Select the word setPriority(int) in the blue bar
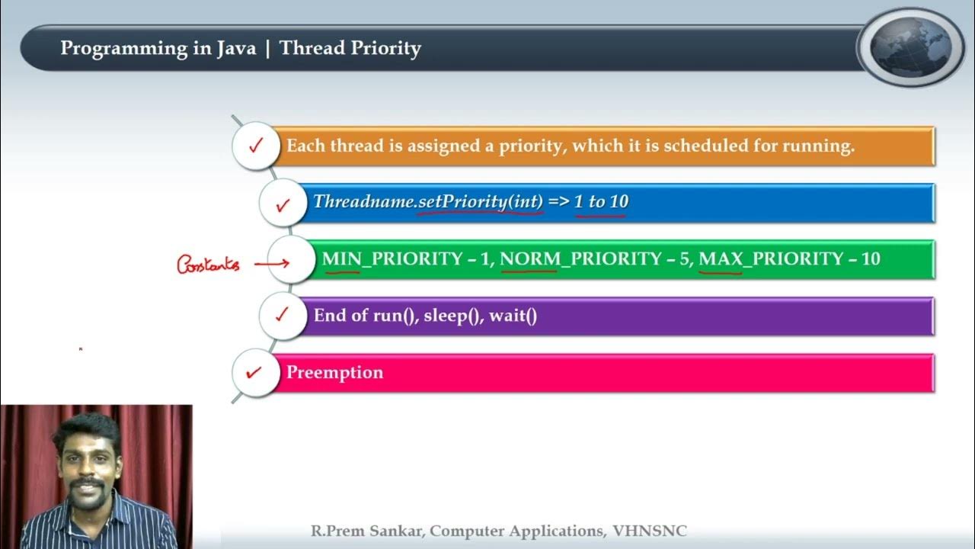(481, 202)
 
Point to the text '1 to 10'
(601, 202)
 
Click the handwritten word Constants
(208, 265)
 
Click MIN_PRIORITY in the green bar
(392, 259)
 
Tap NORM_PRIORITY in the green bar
(579, 259)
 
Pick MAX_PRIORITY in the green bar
(771, 259)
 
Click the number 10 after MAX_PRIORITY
(871, 259)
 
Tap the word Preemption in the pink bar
(334, 373)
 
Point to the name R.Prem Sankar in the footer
(366, 531)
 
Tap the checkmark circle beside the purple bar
(283, 316)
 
